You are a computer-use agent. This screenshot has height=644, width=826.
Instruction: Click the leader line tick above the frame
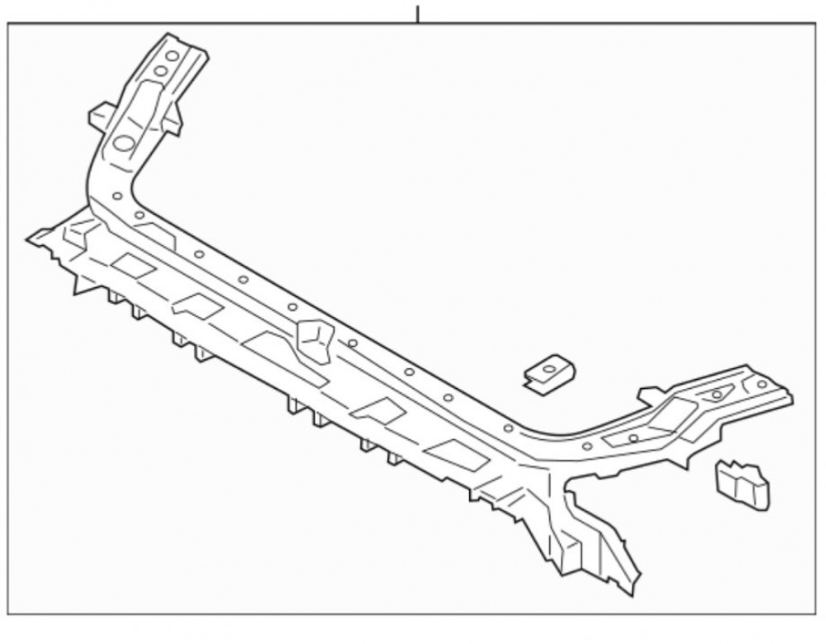(x=418, y=14)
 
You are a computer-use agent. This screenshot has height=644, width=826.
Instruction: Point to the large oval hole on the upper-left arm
(x=124, y=143)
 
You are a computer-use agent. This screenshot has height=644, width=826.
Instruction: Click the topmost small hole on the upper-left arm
(x=172, y=55)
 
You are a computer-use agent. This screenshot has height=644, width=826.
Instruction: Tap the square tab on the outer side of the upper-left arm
(x=100, y=115)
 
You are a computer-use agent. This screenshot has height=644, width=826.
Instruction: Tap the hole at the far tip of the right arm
(x=761, y=384)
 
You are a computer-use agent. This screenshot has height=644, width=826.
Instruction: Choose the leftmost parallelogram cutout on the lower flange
(x=133, y=265)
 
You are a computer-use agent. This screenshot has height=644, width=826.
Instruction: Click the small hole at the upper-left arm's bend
(x=116, y=197)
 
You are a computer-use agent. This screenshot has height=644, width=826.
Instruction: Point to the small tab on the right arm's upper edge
(x=652, y=395)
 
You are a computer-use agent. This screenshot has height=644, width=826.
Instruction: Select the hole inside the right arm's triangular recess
(x=716, y=395)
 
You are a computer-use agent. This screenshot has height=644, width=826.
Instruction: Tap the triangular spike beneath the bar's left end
(x=83, y=285)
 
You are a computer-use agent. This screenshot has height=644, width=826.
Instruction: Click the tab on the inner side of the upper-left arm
(x=172, y=121)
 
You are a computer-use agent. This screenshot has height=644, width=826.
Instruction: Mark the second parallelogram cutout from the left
(x=197, y=306)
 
